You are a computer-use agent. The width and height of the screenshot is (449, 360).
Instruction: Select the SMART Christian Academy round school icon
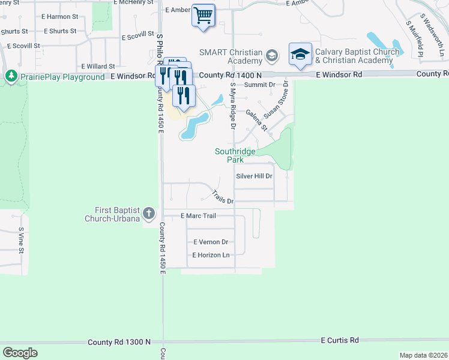(272, 56)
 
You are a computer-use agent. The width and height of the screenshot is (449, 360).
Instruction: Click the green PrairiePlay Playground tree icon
(11, 76)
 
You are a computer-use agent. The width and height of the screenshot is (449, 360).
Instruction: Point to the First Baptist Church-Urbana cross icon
(149, 213)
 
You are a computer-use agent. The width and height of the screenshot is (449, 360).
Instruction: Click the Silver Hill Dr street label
(255, 176)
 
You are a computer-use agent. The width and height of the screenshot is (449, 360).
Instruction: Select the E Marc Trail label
(197, 215)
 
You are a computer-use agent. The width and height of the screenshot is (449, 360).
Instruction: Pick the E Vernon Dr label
(210, 242)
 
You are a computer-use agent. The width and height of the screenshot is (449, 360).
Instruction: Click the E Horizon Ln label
(211, 255)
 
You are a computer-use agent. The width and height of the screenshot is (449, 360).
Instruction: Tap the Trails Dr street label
(222, 196)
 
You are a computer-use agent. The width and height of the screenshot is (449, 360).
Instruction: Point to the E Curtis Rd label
(340, 340)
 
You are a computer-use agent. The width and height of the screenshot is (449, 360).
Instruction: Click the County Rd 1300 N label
(119, 342)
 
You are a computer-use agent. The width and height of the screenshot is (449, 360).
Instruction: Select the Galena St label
(256, 116)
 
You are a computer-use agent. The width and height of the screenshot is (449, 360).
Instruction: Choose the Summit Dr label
(259, 85)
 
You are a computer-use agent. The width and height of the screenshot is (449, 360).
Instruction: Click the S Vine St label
(21, 238)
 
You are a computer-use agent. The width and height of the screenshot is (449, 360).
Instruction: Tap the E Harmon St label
(61, 17)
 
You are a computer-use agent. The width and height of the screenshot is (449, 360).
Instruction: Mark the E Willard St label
(97, 66)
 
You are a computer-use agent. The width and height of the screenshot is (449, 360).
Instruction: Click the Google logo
(20, 353)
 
